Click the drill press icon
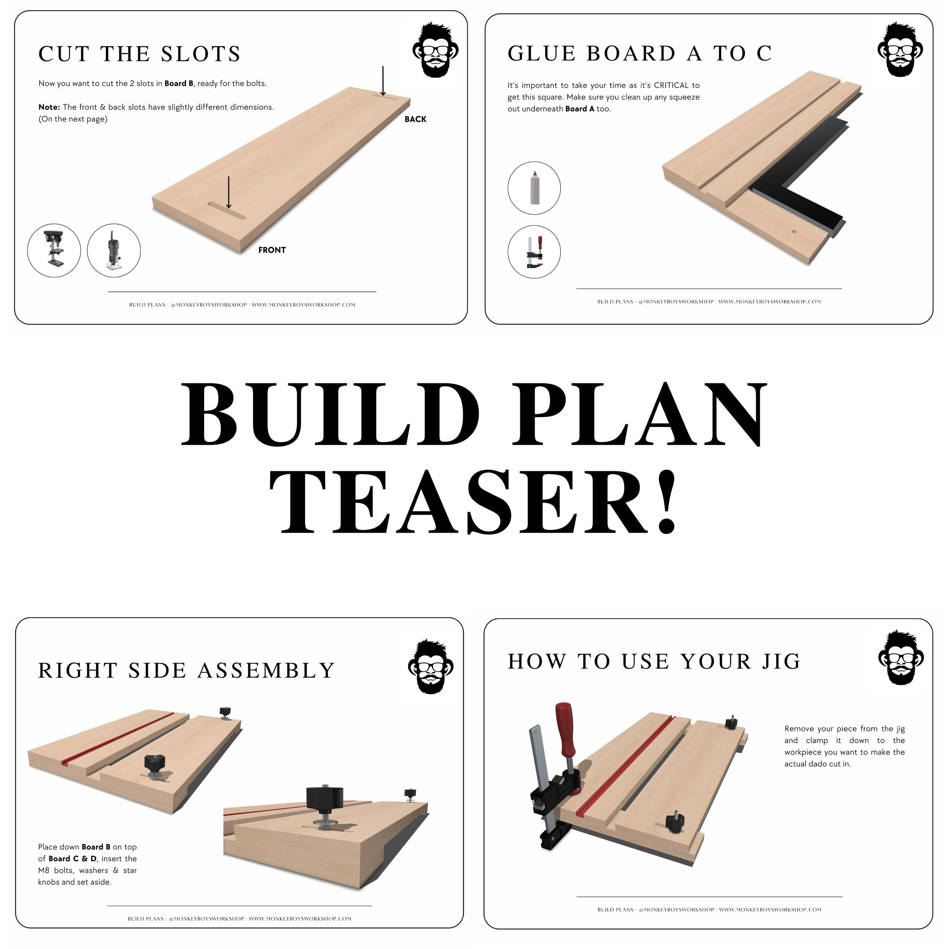tap(54, 251)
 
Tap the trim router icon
tap(114, 251)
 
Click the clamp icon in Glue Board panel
tap(534, 252)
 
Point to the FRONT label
tap(272, 250)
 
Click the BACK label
tap(415, 119)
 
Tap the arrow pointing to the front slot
tap(229, 192)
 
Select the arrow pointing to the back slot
tap(383, 81)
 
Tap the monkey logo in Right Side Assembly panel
tap(431, 667)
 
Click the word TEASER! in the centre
tap(474, 501)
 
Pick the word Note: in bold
tap(49, 107)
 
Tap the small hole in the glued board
tap(794, 230)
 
